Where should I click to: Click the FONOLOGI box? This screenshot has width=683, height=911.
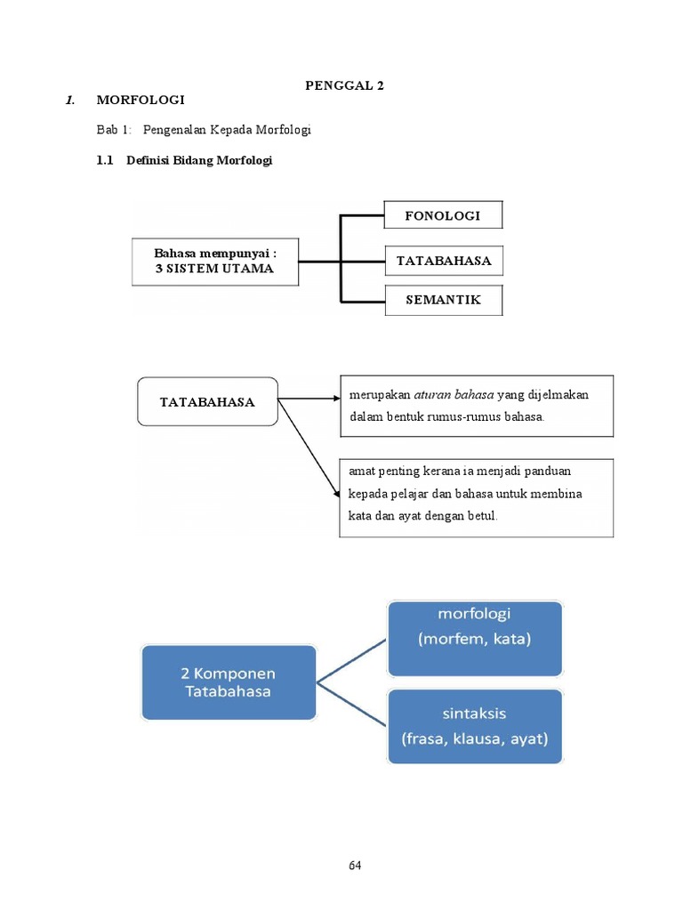pos(443,215)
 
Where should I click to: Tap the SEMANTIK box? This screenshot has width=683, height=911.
pos(443,300)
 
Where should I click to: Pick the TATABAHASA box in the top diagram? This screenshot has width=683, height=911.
pos(443,262)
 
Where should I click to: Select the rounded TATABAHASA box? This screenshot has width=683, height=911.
pos(207,401)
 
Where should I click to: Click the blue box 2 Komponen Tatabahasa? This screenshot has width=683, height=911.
pos(229,682)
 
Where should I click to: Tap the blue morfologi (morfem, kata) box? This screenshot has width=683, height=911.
pos(474,639)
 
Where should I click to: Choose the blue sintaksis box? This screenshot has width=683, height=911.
pos(474,726)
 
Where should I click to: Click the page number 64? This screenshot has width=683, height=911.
pos(355,865)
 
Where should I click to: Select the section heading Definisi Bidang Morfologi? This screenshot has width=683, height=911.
pos(199,161)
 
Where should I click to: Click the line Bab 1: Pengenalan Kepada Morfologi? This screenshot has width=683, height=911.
pos(204,130)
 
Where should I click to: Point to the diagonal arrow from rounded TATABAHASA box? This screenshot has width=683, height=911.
pos(309,447)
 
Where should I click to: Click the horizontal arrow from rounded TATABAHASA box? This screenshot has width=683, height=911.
pos(309,399)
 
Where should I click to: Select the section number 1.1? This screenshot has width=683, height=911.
pos(106,161)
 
